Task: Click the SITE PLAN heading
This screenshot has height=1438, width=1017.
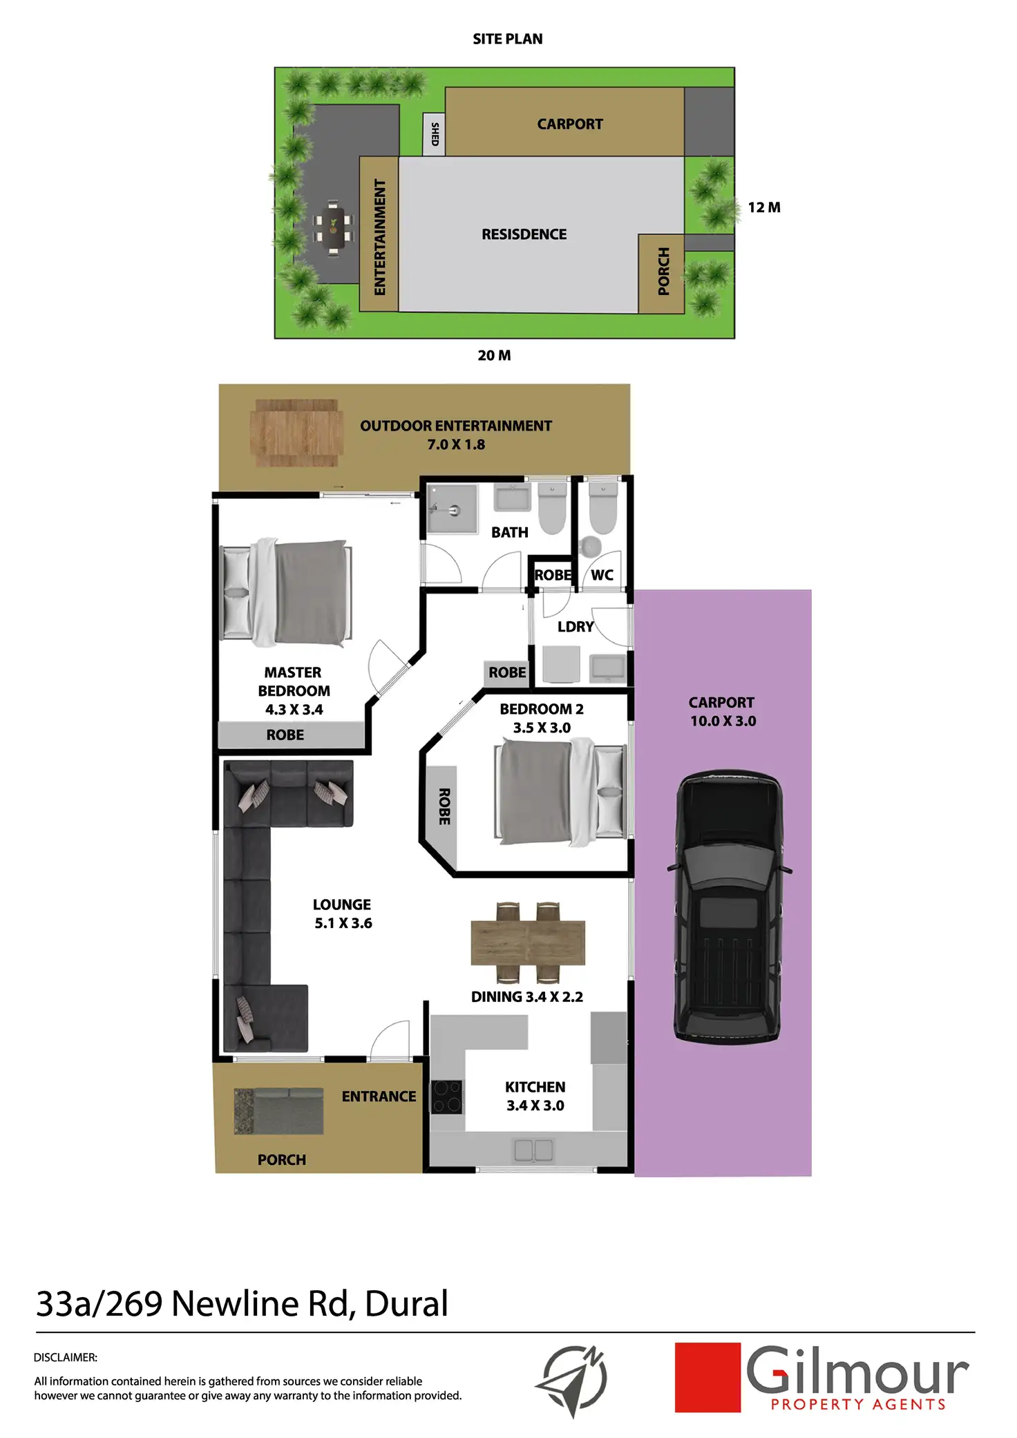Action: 507,39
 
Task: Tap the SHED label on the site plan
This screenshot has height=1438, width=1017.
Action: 435,134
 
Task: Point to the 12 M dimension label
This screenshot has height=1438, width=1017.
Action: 763,207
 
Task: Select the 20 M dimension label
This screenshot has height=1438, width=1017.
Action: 494,355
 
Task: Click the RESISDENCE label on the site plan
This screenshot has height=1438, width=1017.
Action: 524,234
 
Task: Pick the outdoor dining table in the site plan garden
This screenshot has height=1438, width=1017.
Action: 334,227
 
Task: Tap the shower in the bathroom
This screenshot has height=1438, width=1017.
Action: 452,509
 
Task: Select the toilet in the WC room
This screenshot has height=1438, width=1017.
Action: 602,511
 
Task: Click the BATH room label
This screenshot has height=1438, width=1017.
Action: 509,533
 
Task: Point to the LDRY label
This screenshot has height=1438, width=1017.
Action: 576,627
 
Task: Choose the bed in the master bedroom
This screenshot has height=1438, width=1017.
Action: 285,593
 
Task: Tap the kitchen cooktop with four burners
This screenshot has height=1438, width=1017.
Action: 446,1097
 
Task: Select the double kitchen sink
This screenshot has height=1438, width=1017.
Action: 533,1150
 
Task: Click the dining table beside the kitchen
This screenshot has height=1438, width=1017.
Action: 528,943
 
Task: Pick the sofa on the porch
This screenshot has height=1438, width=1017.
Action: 279,1111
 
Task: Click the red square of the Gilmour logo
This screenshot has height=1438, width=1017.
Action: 707,1377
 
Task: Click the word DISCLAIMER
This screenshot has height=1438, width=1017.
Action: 66,1357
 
